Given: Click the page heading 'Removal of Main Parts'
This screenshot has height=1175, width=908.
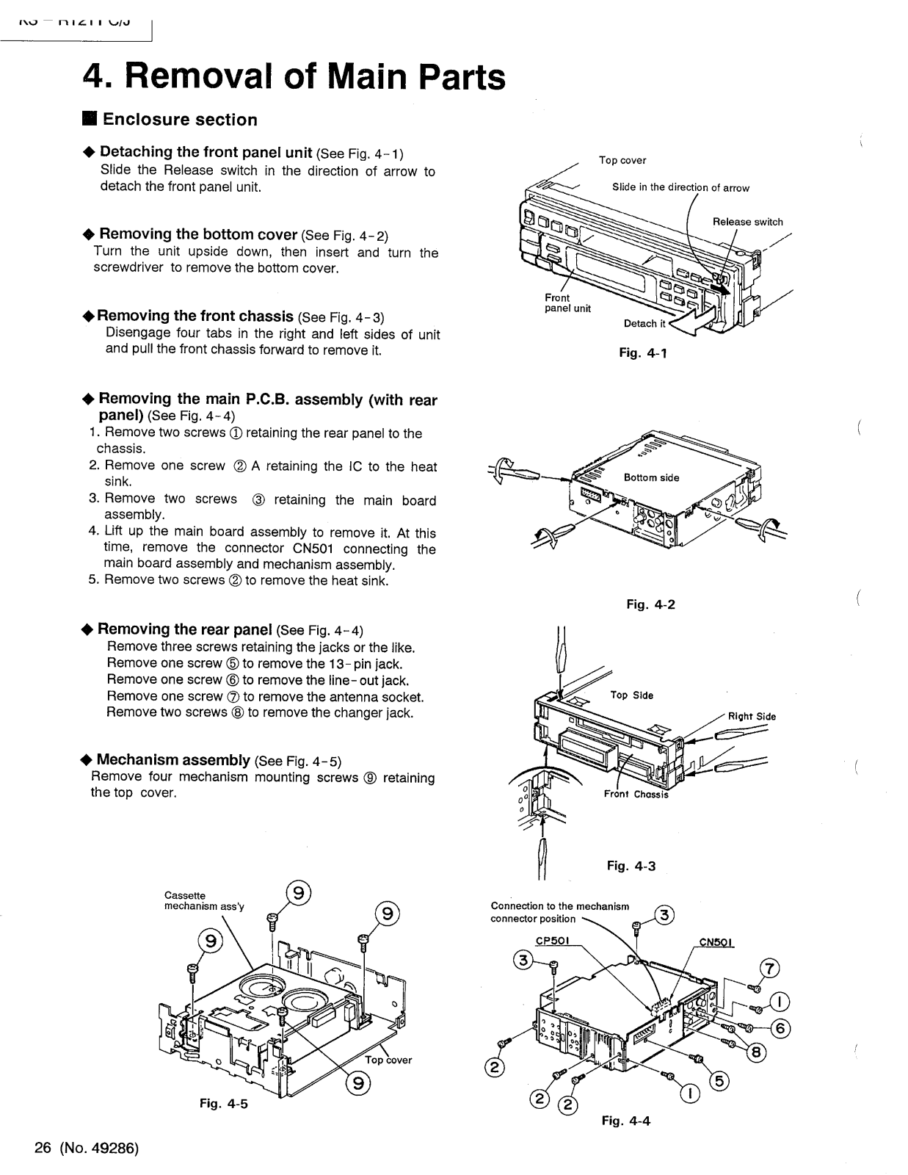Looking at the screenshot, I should click(294, 76).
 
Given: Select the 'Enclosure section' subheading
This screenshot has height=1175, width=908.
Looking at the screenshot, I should click(170, 120).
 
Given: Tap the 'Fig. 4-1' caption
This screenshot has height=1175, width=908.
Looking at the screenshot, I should click(643, 352).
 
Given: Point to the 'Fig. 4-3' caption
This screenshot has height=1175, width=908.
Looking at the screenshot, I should click(631, 866).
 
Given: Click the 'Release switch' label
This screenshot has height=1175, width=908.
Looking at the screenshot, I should click(747, 222).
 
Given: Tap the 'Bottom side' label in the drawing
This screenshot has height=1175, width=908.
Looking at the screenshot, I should click(651, 477).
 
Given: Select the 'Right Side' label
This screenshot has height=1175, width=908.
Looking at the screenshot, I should click(752, 717).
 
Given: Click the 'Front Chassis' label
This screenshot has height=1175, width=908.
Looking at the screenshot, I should click(636, 794).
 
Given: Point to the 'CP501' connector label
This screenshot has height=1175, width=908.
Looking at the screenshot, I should click(553, 942).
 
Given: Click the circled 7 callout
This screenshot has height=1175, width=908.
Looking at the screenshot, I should click(769, 969).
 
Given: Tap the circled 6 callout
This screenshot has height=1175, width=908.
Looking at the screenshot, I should click(781, 1027).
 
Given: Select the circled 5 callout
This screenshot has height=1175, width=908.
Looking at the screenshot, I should click(720, 1080).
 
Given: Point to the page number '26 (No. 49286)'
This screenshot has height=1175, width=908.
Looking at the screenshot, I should click(87, 1149).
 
